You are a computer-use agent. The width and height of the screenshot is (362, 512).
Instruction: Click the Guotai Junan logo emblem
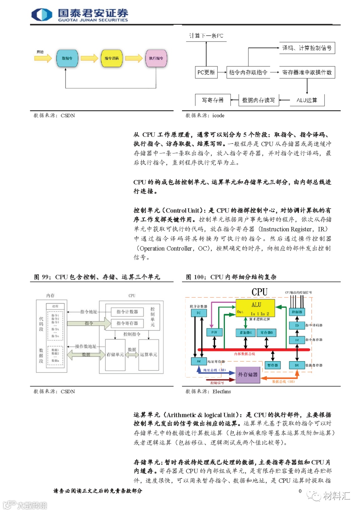[42, 15]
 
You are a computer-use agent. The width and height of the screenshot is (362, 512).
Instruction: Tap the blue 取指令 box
[67, 58]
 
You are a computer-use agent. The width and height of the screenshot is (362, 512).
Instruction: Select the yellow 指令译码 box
[112, 58]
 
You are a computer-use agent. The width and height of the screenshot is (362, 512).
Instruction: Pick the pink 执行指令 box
[156, 58]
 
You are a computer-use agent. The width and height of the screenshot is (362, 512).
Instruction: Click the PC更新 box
[206, 72]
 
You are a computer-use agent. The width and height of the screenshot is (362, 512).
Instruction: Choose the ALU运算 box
[307, 100]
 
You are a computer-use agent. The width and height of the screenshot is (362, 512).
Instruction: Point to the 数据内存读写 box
[258, 100]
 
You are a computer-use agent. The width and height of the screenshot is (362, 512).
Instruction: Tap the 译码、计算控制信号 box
[307, 48]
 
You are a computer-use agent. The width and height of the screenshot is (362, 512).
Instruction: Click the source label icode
[218, 116]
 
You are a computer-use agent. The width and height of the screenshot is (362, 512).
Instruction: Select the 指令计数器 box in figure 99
[127, 312]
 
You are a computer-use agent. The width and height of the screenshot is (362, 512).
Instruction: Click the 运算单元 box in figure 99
[148, 354]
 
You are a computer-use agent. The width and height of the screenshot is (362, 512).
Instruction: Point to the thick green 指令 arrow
[89, 323]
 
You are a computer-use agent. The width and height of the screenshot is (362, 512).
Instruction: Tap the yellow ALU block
[255, 308]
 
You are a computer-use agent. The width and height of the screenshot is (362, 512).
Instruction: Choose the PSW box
[214, 332]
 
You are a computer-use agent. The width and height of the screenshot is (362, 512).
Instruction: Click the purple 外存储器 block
[248, 375]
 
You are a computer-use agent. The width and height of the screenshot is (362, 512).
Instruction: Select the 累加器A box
[246, 332]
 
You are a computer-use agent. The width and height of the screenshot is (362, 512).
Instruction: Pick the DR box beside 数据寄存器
[297, 365]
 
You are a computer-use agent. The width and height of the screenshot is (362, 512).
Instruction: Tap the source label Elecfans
[222, 392]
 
